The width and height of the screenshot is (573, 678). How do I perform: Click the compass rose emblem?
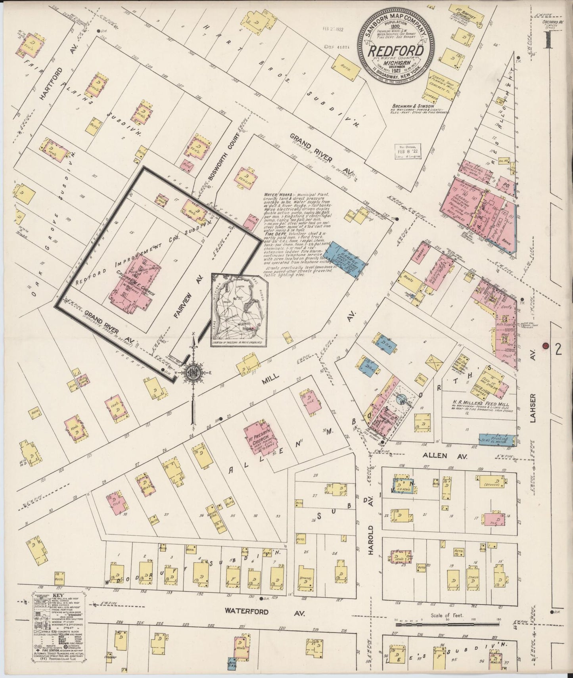(194, 372)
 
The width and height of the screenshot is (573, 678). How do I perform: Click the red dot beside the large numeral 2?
(546, 346)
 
